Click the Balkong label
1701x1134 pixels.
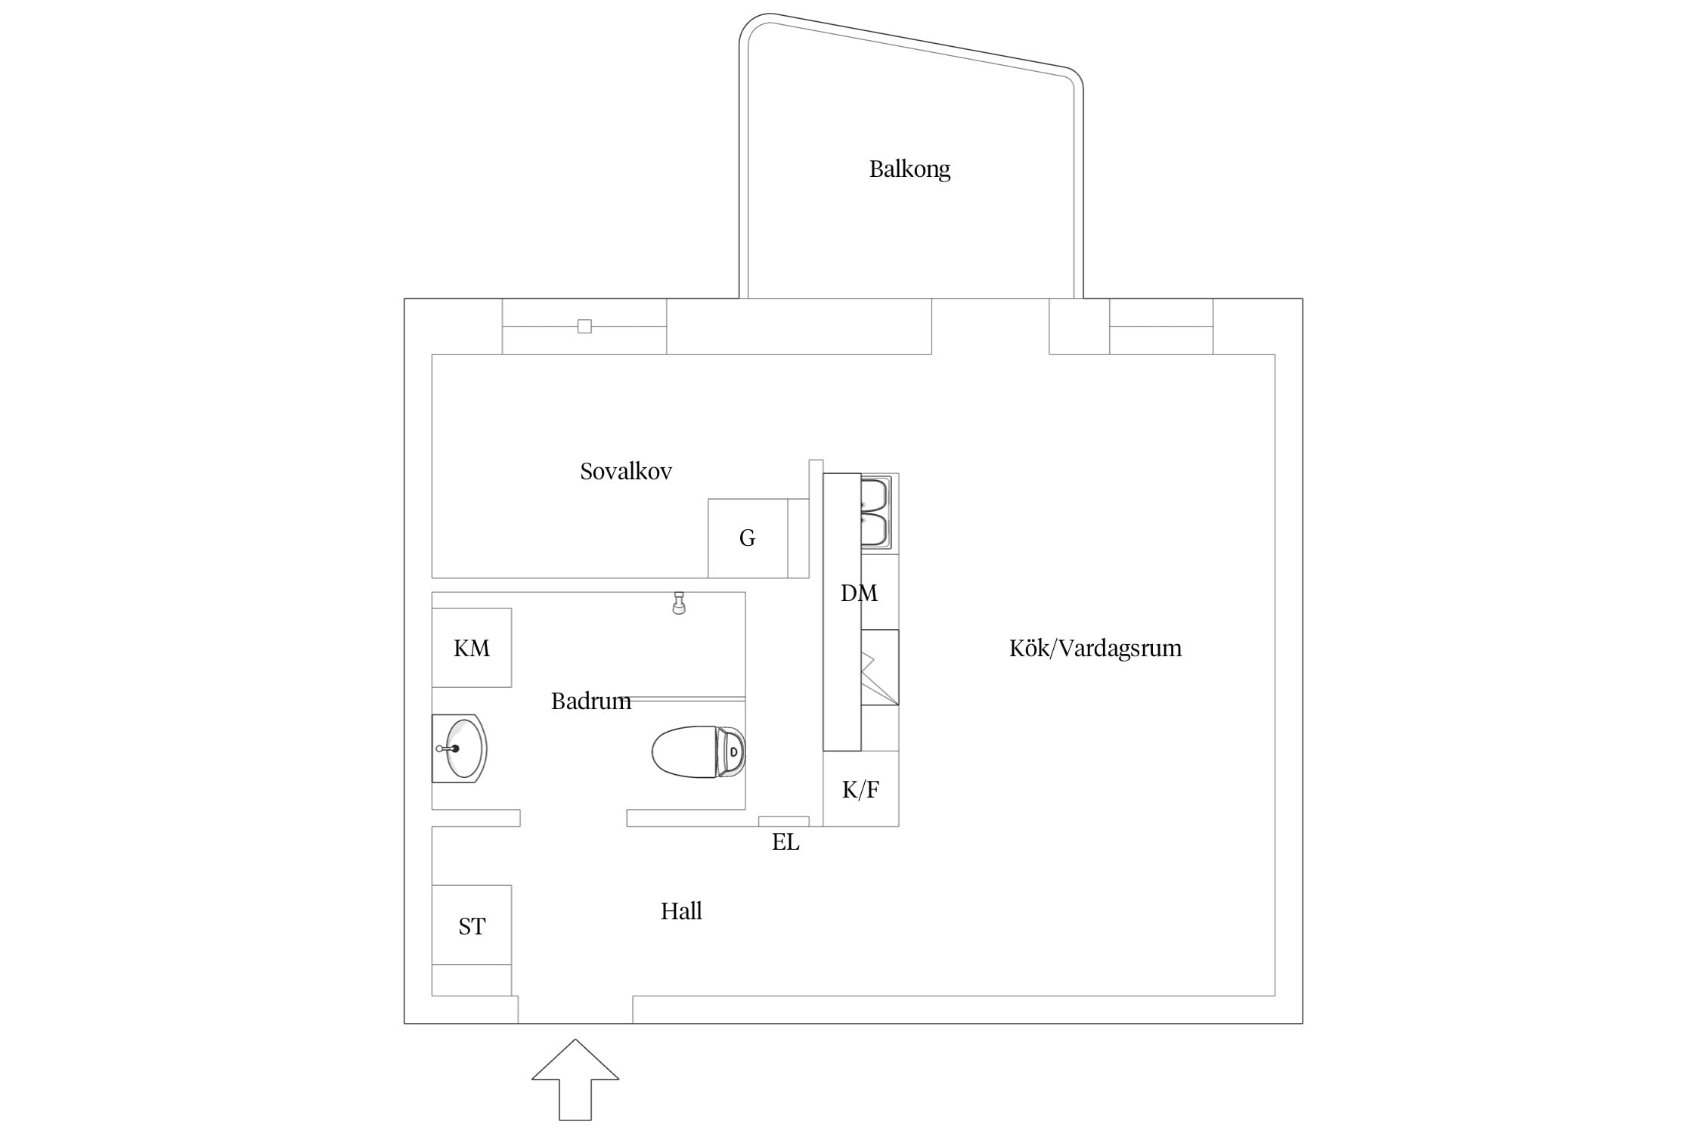(x=909, y=169)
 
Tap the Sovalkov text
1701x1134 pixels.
(x=626, y=471)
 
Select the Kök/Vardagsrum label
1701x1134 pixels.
(x=1095, y=648)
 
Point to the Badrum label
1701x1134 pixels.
(x=591, y=701)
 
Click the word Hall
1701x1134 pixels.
(x=681, y=911)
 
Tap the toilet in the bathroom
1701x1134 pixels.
(x=699, y=751)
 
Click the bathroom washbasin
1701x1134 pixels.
(x=460, y=748)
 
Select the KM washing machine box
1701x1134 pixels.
(x=472, y=648)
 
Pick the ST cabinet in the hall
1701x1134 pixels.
(x=472, y=925)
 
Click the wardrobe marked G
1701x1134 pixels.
(x=748, y=538)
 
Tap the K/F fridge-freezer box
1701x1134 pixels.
(x=861, y=789)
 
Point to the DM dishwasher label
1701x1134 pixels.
(x=860, y=593)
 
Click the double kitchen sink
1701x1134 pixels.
(x=877, y=512)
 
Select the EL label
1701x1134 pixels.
(x=785, y=842)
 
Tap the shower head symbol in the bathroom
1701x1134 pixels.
(x=679, y=603)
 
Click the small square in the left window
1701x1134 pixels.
(x=584, y=327)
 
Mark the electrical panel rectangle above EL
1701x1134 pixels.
(x=784, y=822)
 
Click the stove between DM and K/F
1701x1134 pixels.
(x=880, y=668)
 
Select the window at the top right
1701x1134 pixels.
(x=1161, y=327)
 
